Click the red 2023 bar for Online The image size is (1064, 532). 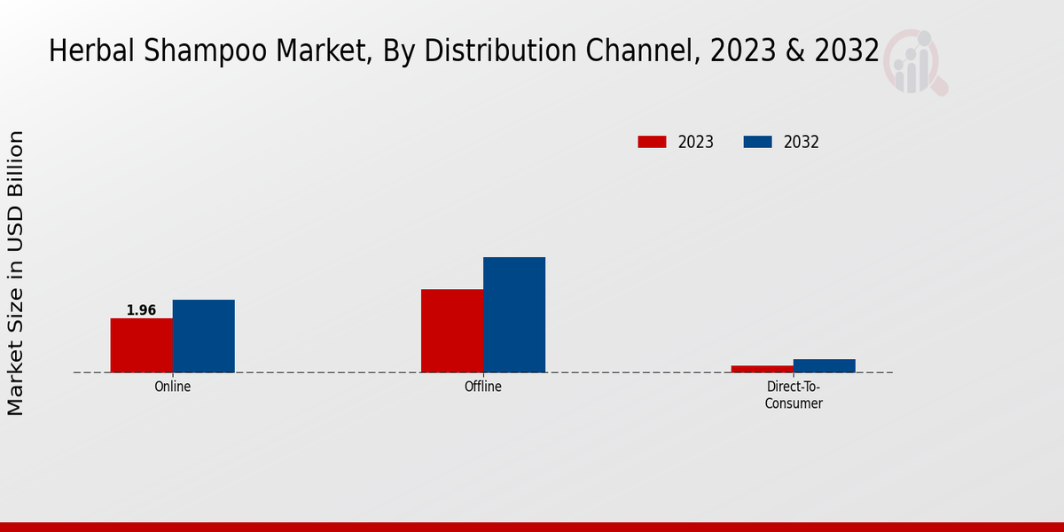141,345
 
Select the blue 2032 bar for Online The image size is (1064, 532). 203,336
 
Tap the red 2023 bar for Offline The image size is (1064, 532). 452,331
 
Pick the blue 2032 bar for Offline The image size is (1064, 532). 514,315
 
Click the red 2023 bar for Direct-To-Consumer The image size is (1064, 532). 763,369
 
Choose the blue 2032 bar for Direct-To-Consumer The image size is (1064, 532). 825,365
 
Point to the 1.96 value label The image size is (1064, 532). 141,310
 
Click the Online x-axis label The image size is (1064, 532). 172,387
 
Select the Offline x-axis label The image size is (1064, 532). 483,387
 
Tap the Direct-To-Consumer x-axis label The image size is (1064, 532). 794,395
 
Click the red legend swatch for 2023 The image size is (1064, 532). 652,142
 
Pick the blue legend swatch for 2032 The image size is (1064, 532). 757,142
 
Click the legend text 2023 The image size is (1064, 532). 696,142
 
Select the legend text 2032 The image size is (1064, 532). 802,142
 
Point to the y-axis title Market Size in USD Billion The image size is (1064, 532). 16,273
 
